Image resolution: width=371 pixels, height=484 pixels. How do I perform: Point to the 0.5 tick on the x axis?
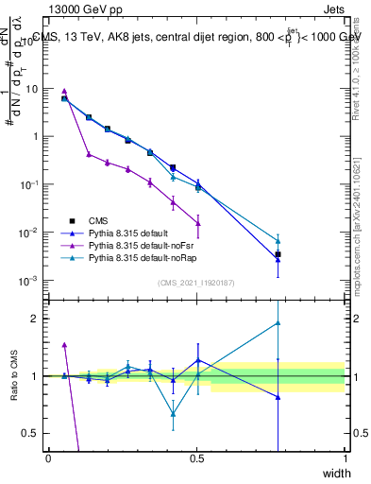pyautogui.click(x=196, y=458)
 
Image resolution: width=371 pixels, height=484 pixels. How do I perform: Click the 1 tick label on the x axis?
pyautogui.click(x=346, y=458)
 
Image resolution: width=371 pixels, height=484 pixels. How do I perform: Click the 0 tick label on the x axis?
pyautogui.click(x=49, y=458)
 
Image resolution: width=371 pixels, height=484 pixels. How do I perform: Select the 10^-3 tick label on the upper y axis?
pyautogui.click(x=29, y=281)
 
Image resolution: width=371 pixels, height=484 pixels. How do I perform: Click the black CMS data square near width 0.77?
pyautogui.click(x=278, y=254)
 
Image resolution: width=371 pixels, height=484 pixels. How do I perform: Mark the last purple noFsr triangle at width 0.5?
pyautogui.click(x=197, y=223)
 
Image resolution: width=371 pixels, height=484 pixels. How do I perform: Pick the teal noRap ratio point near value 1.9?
pyautogui.click(x=278, y=323)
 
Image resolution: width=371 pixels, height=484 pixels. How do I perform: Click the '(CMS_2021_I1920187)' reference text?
pyautogui.click(x=195, y=283)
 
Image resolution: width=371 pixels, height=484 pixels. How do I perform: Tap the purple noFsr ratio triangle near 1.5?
pyautogui.click(x=64, y=345)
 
